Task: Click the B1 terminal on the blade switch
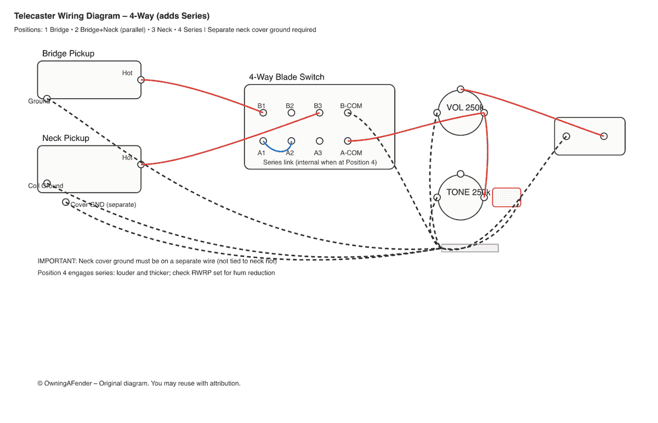[x=263, y=112]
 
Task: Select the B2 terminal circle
[x=292, y=112]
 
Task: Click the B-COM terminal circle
[x=348, y=112]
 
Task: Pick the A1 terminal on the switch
[x=263, y=141]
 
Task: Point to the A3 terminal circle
[x=320, y=141]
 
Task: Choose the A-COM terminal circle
[x=348, y=141]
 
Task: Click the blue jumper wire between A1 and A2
[x=277, y=150]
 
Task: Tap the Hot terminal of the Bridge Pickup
[x=141, y=80]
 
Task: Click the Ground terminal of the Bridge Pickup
[x=47, y=99]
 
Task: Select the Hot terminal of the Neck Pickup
[x=141, y=164]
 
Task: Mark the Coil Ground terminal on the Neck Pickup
[x=47, y=183]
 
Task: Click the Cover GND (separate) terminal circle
[x=66, y=202]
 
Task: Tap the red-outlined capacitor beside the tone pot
[x=507, y=197]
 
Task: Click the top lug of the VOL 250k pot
[x=461, y=89]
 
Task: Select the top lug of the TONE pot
[x=461, y=174]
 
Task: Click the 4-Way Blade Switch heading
[x=286, y=77]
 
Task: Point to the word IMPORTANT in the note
[x=57, y=261]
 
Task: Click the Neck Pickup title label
[x=66, y=138]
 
